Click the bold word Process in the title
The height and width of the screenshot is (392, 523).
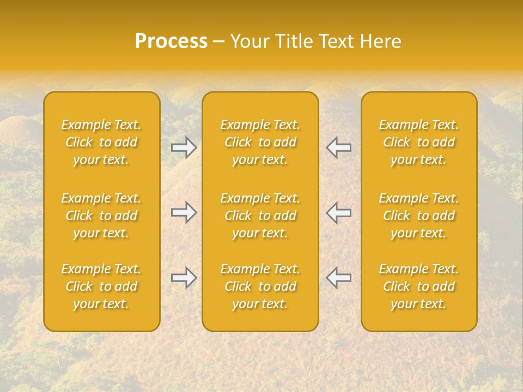pos(171,41)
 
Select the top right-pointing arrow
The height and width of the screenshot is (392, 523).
pos(184,147)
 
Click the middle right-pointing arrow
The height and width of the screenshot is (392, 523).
pos(184,212)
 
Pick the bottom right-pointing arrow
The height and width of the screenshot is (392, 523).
pos(184,278)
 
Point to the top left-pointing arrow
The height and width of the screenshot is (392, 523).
pos(339,147)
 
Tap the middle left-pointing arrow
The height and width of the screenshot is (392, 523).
pos(339,212)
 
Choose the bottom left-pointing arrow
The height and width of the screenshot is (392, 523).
pos(339,278)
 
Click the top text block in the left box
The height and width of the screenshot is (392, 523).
pos(101,142)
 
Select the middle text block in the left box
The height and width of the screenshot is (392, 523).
pos(101,216)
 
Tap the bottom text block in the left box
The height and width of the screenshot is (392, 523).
pos(101,286)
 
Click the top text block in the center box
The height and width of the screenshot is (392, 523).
pos(260,142)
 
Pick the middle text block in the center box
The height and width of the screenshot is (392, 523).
pos(260,216)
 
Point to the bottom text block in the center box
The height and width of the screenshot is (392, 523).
pos(260,286)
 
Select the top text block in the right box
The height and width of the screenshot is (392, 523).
pos(419,142)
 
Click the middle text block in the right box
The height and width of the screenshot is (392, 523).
pos(419,216)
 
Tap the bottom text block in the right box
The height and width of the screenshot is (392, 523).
pos(419,286)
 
